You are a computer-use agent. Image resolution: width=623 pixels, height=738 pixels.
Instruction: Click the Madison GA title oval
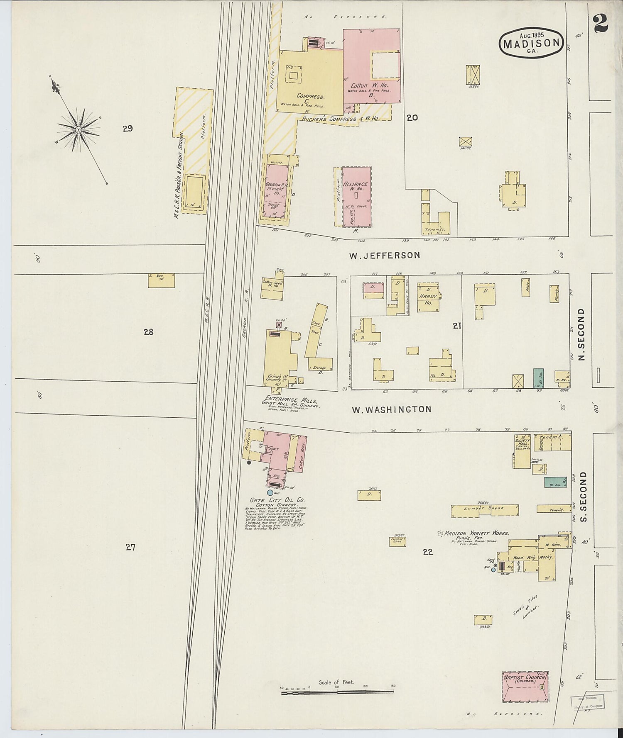tap(531, 43)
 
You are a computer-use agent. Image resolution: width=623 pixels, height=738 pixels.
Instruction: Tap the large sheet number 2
tap(601, 23)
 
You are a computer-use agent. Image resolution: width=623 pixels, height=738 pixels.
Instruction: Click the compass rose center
tap(78, 130)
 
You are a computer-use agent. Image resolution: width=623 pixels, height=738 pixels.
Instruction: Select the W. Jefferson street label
tap(384, 256)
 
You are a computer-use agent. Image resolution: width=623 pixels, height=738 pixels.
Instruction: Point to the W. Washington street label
tap(391, 409)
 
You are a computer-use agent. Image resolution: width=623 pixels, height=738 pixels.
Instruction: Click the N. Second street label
tap(581, 334)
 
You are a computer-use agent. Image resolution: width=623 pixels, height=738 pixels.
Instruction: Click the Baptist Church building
tap(525, 687)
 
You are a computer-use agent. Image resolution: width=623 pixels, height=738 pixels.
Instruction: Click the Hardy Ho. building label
tap(428, 299)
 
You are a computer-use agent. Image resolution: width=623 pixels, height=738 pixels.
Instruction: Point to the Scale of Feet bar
tap(337, 692)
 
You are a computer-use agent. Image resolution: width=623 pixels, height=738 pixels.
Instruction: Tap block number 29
tap(128, 128)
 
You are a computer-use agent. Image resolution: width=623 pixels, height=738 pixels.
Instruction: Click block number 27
tap(130, 547)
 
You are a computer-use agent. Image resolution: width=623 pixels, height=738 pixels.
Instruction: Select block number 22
tap(427, 551)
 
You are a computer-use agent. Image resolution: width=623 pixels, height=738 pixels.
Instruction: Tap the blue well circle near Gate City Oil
tap(270, 492)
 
